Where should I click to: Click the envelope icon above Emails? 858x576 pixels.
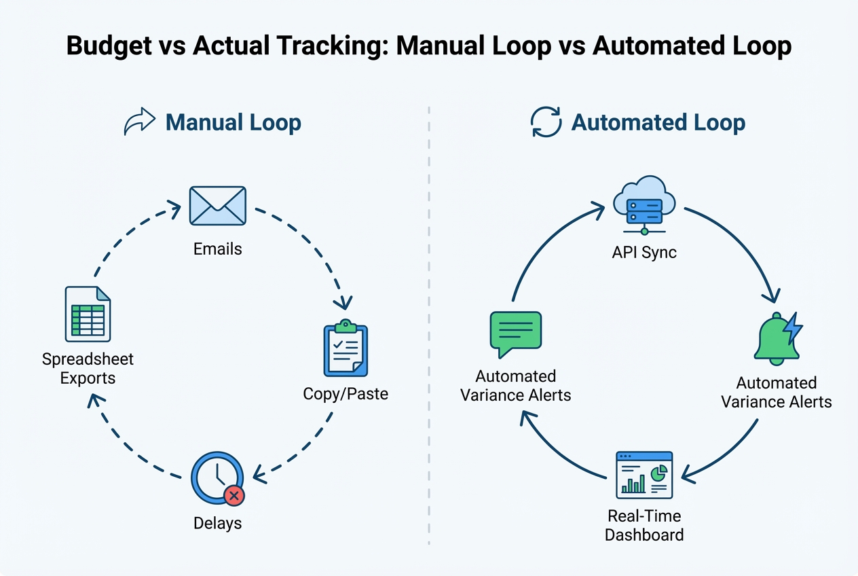click(217, 206)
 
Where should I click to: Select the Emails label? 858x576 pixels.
click(217, 249)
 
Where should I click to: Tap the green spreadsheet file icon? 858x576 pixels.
click(88, 314)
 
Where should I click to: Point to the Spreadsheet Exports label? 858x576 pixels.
click(88, 368)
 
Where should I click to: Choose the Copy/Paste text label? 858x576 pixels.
click(346, 394)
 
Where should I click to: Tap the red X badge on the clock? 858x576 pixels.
click(234, 496)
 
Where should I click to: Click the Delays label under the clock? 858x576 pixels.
click(217, 523)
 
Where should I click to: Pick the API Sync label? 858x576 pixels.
click(643, 253)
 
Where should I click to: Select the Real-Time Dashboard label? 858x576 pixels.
click(643, 526)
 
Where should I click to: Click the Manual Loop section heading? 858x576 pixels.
click(233, 123)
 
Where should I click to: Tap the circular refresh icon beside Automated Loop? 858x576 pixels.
click(546, 122)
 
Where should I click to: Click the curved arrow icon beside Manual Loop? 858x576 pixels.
click(140, 123)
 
